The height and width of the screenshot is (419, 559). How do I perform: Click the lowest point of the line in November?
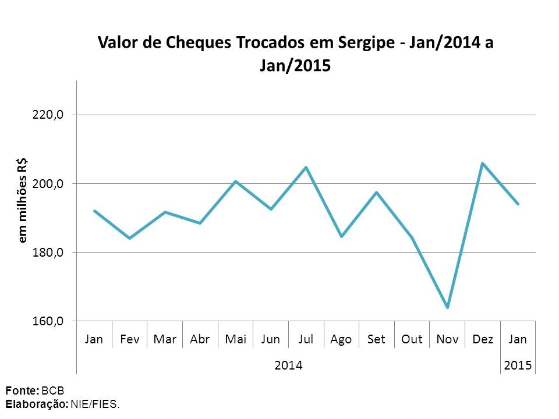[x=447, y=307]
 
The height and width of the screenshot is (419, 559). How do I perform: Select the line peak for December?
[x=482, y=163]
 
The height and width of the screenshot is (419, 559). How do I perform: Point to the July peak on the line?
[x=306, y=168]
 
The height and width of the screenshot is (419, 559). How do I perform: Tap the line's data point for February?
[x=129, y=238]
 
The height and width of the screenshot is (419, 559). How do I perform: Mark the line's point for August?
[x=341, y=237]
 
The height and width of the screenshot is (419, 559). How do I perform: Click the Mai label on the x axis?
[x=235, y=339]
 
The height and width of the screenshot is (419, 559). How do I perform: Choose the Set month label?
[x=376, y=339]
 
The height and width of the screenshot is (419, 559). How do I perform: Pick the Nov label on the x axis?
[x=447, y=339]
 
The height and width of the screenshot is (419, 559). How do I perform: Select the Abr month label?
[x=200, y=339]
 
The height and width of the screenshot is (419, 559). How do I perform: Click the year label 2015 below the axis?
[x=518, y=365]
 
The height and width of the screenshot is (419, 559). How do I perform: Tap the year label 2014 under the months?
[x=288, y=365]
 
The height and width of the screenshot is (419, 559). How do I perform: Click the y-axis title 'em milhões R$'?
[x=23, y=200]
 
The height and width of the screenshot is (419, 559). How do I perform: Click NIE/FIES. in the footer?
[x=94, y=403]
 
